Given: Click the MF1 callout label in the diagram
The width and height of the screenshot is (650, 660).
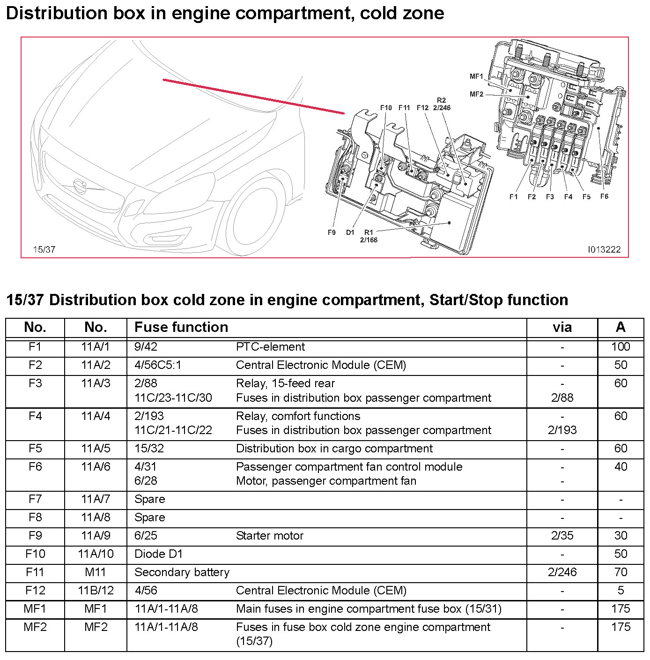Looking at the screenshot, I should pos(476,76).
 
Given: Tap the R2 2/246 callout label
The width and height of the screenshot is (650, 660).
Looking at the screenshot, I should pos(442,104).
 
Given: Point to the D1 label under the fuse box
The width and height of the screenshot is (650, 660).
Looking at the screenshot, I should pos(350,232).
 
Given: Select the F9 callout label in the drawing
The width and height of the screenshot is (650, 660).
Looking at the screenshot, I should pos(332,232).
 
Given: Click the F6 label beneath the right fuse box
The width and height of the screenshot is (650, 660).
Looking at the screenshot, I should pos(604,196).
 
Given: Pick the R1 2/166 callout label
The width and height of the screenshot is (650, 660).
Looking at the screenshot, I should pos(369,236).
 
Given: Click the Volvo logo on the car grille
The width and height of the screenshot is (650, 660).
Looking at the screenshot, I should pos(81,185).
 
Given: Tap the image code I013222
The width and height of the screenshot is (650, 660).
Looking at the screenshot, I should pos(604,249).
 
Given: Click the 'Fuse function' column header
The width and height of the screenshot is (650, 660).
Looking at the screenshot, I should pos(181,327).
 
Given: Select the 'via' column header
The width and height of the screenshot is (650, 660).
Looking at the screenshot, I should pos(562,327).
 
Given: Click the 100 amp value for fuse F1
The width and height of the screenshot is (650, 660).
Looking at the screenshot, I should pos(620,347).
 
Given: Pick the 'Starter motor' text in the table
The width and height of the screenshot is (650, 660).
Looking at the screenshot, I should pos(270,536).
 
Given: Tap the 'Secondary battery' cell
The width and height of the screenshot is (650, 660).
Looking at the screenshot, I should pos(182,572).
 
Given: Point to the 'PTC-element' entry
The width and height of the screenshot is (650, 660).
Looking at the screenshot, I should pos(270,347).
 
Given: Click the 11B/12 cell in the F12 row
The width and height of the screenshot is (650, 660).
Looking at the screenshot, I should pos(96,591).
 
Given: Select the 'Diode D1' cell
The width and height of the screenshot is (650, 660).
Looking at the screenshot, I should pos(158,554).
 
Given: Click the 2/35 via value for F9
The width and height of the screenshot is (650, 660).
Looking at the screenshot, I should pos(562,536).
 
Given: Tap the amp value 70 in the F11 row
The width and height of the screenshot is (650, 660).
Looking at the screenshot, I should pos(620,572).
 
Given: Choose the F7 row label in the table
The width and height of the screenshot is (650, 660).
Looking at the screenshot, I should pos(35,499).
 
